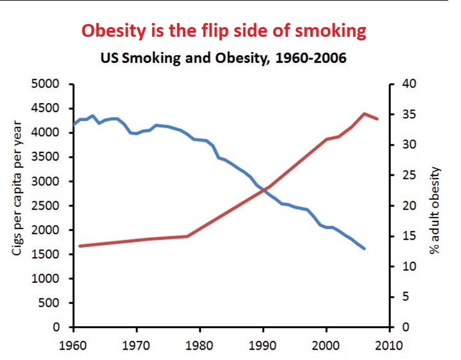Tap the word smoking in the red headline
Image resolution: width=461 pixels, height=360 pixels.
pos(331,32)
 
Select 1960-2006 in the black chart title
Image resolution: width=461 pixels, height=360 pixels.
pos(311,58)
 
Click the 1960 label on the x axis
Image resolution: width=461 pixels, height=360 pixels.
pos(74,343)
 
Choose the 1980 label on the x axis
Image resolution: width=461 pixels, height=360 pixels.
pos(200,343)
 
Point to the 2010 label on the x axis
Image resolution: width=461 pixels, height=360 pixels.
pos(390,343)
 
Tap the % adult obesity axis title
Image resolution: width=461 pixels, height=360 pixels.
pos(434,211)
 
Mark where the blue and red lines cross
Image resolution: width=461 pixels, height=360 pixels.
pos(264,190)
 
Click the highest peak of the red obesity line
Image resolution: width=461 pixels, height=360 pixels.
pos(364,114)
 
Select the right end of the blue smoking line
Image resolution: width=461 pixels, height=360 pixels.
pos(364,249)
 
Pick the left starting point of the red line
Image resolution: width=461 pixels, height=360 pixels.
pos(79,246)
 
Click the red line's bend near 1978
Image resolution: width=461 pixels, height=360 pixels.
pos(188,236)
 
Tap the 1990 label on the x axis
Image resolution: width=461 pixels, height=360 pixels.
pos(263,343)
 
